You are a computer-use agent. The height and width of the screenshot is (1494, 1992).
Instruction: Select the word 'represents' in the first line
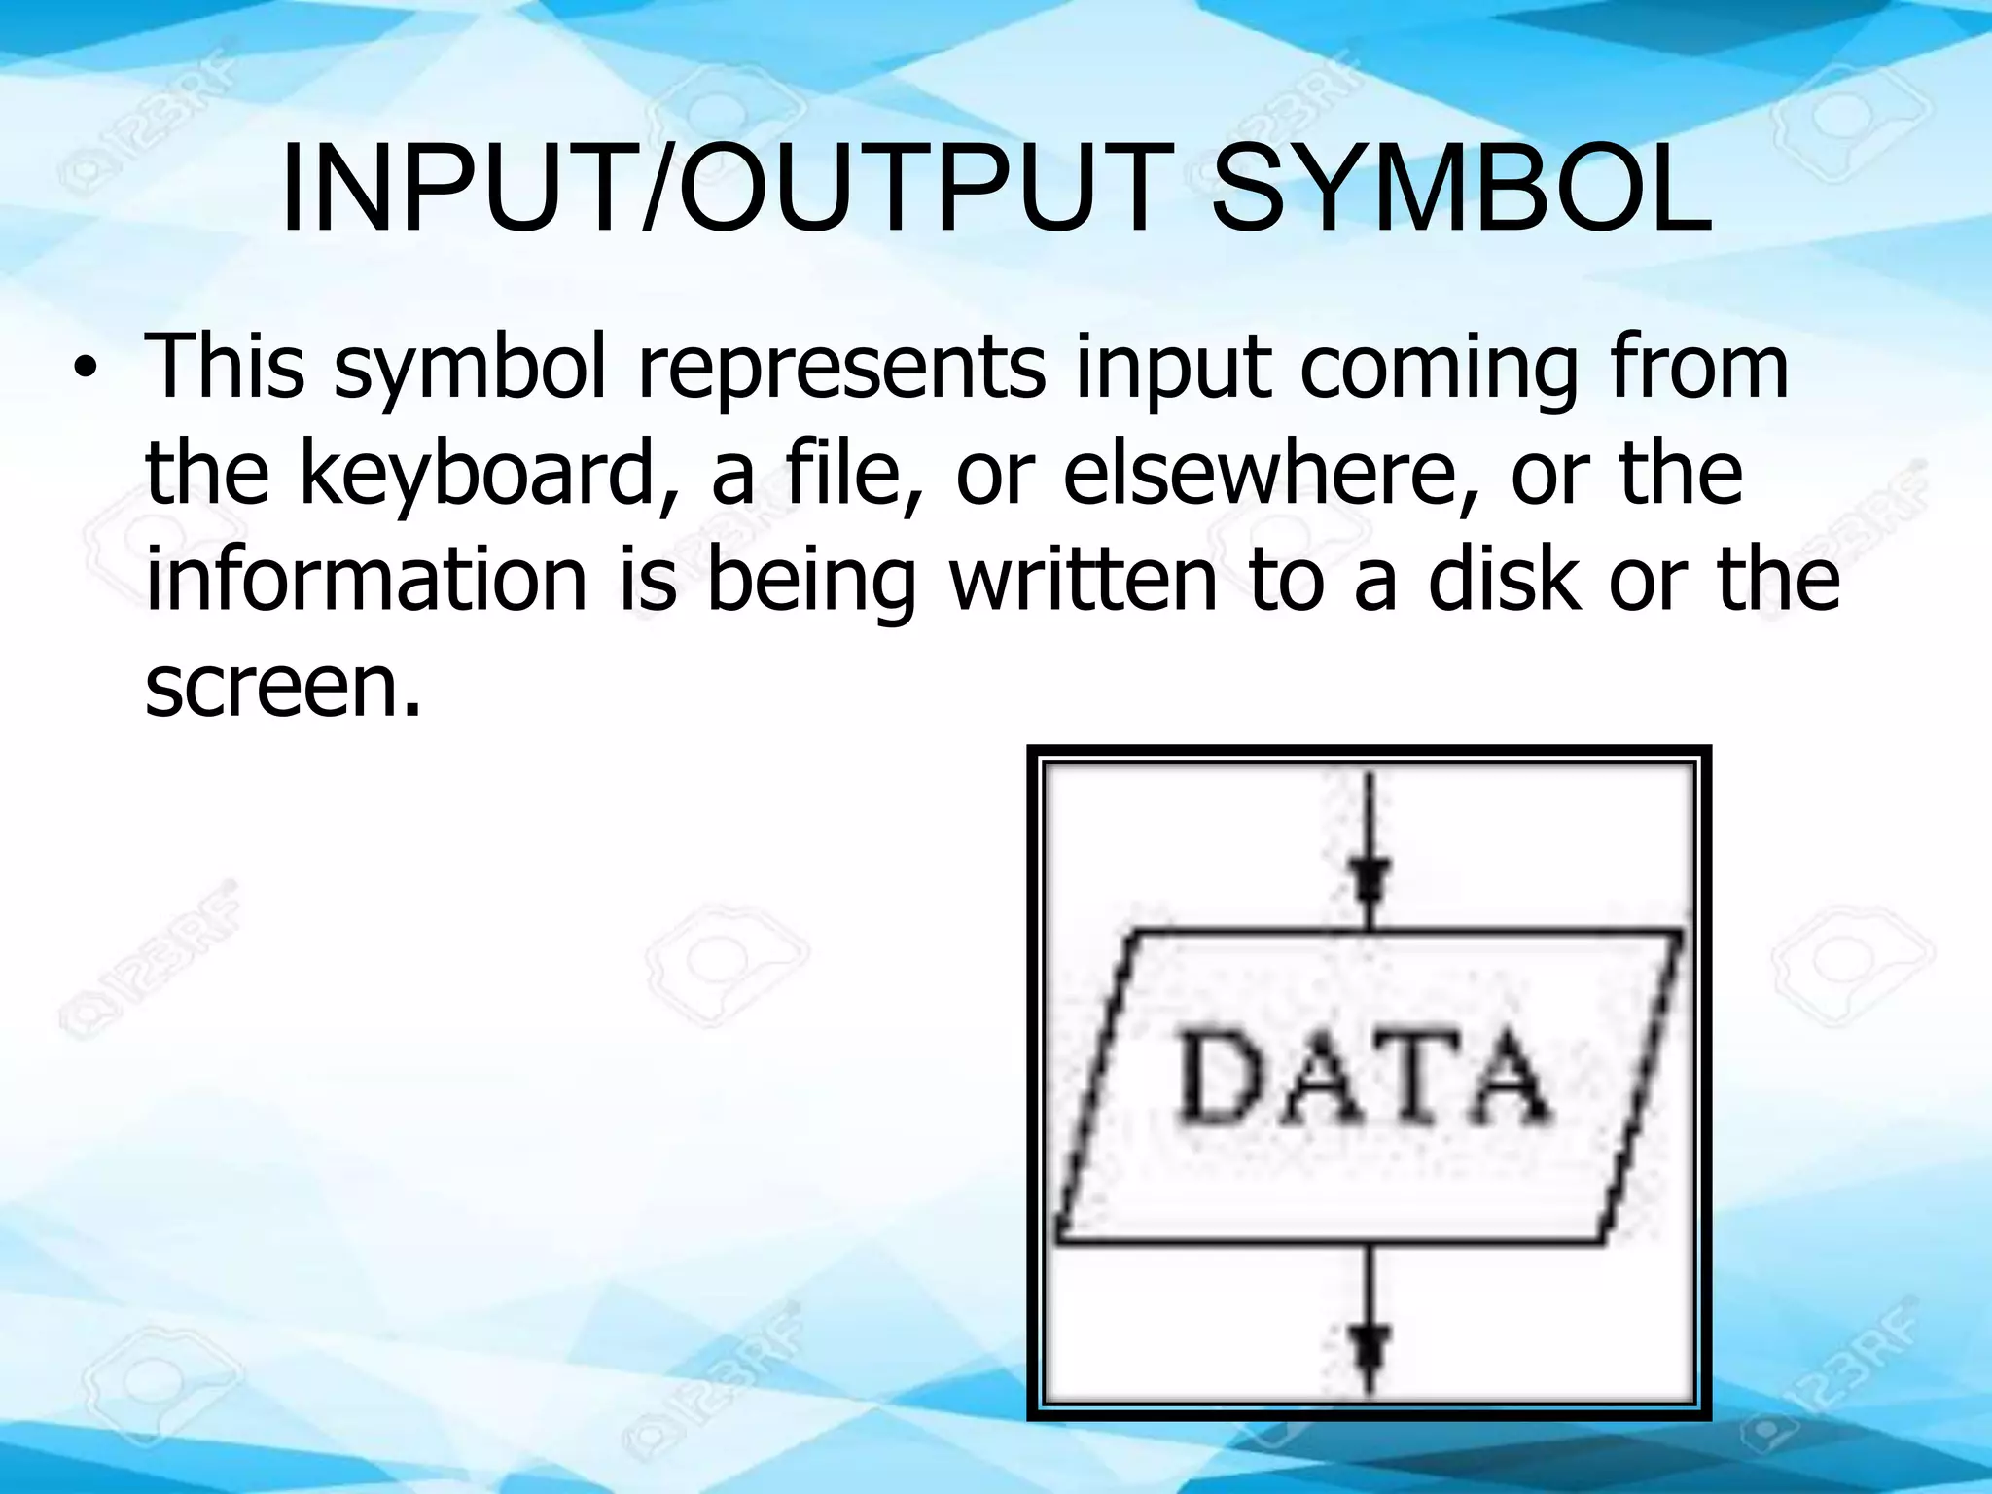click(841, 368)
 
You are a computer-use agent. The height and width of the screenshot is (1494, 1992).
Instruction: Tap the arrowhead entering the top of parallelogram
click(1369, 880)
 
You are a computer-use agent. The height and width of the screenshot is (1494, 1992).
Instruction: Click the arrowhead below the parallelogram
click(1369, 1350)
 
